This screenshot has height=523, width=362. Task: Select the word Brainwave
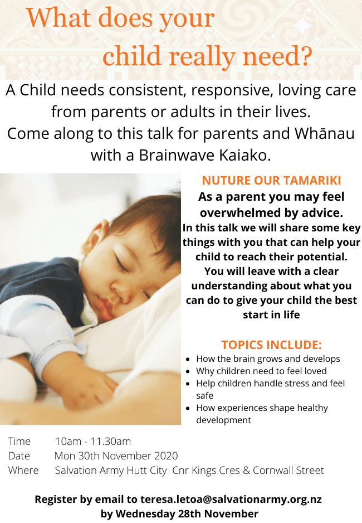point(177,155)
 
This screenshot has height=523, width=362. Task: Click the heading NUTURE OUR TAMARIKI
point(271,181)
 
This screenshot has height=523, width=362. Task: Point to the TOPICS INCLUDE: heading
point(271,345)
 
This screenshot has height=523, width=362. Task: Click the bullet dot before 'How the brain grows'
point(188,360)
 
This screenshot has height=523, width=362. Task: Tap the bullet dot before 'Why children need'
point(188,371)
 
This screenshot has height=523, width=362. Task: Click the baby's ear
point(95,236)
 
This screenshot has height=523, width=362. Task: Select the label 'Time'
point(19,441)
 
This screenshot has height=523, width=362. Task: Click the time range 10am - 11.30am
point(93,441)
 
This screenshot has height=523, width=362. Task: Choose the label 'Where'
point(23,470)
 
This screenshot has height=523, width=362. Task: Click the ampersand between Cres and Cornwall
point(247,470)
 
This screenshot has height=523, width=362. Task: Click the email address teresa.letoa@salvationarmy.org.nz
point(231,500)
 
